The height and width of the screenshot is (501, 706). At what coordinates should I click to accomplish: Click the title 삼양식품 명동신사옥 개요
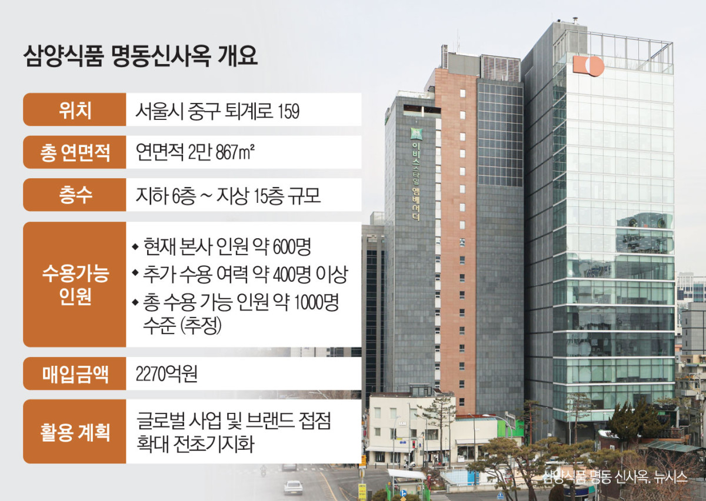pyautogui.click(x=140, y=58)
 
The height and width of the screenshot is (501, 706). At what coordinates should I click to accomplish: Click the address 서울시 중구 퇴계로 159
pyautogui.click(x=218, y=111)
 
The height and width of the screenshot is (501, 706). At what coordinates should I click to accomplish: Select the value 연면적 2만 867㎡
pyautogui.click(x=195, y=153)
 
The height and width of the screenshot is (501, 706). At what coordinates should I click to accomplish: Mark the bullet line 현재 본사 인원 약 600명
pyautogui.click(x=227, y=247)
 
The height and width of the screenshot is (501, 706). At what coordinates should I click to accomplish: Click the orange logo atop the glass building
pyautogui.click(x=588, y=65)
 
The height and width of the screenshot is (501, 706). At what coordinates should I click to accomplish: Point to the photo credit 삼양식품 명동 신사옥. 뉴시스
pyautogui.click(x=615, y=477)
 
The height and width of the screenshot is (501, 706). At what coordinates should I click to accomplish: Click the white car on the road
pyautogui.click(x=292, y=486)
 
